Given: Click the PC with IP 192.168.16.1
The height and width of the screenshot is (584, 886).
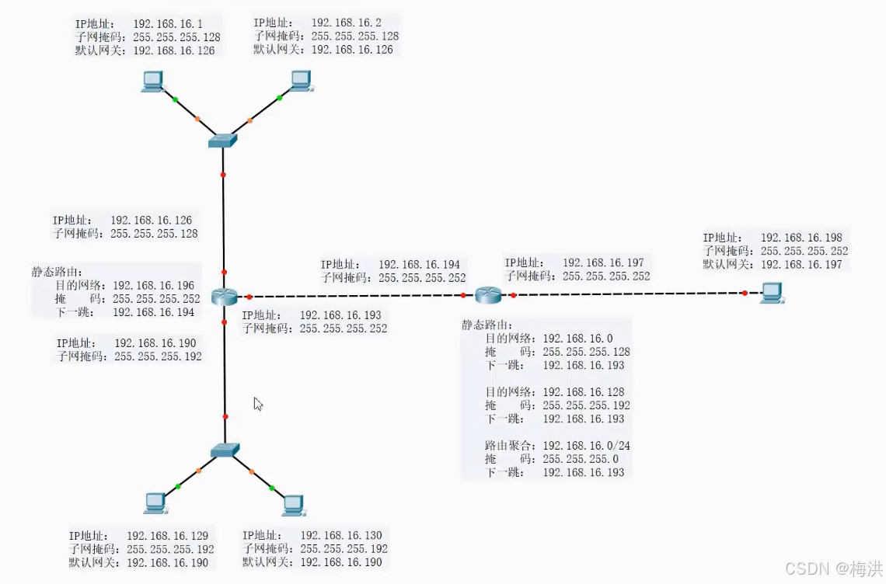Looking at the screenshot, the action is coord(152,81).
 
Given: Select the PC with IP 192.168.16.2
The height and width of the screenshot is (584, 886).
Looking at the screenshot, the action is coord(301,80).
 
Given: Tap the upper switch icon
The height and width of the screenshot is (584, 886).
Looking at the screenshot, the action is coord(223,141).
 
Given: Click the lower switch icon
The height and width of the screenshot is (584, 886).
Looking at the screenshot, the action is coord(225,450).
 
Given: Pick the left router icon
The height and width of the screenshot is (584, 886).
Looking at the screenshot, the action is coord(224,296).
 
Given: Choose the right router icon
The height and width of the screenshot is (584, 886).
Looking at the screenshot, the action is coord(489,294).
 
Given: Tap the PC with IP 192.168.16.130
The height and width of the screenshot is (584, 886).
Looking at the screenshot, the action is coord(293,505).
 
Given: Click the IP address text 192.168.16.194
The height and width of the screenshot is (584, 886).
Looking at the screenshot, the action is coord(419,265).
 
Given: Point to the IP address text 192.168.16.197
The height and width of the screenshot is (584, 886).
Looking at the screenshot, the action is coord(603,263).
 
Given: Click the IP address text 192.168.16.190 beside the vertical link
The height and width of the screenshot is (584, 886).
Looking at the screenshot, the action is coord(155,343).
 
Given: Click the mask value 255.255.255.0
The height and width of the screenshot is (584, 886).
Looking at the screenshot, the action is coord(580,459).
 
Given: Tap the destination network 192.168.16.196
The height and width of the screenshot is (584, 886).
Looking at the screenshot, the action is coord(154,286).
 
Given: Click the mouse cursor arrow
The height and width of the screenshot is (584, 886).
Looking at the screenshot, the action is coord(257,403).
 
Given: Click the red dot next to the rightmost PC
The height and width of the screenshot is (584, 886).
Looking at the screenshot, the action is coord(745,294).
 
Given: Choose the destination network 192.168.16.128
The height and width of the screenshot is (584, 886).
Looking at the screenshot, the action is coord(583,392).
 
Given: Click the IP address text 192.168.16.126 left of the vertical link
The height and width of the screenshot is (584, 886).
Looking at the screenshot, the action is coord(151,221).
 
